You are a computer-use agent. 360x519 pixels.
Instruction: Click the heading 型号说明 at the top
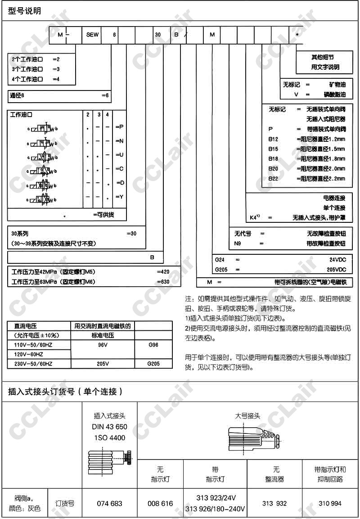point(24,11)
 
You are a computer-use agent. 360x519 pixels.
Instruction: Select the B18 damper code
point(273,158)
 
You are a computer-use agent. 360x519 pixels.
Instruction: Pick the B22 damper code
point(273,179)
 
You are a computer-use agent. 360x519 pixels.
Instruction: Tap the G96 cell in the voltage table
point(153,344)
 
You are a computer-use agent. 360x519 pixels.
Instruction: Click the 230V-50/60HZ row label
point(34,364)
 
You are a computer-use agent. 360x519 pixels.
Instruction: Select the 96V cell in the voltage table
point(103,344)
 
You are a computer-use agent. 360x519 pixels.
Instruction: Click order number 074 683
point(109,504)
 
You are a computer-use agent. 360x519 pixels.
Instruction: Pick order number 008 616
point(160,504)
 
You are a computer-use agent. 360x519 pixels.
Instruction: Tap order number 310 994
point(330,504)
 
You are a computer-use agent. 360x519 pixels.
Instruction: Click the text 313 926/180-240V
point(215,509)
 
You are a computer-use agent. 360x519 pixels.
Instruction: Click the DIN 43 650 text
point(109,427)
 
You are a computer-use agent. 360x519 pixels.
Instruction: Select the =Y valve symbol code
point(119,197)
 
